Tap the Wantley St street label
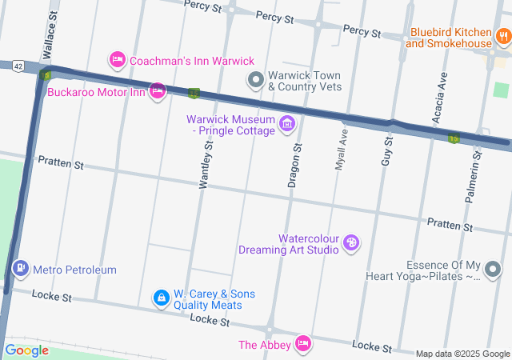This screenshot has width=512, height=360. pyautogui.click(x=206, y=165)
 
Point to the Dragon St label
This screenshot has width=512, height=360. pyautogui.click(x=294, y=166)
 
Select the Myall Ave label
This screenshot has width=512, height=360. pyautogui.click(x=341, y=150)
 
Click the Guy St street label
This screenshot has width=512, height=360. pyautogui.click(x=386, y=150)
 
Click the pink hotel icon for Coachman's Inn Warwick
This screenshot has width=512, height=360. pyautogui.click(x=117, y=60)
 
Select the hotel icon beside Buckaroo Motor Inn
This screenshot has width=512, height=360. pyautogui.click(x=158, y=90)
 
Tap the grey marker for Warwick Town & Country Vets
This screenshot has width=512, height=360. pyautogui.click(x=255, y=78)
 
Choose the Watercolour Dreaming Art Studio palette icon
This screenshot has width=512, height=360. pyautogui.click(x=350, y=242)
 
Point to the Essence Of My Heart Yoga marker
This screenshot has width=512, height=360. pyautogui.click(x=494, y=270)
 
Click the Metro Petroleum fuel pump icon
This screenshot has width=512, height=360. pyautogui.click(x=21, y=269)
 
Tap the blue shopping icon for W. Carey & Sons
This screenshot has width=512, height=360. pyautogui.click(x=162, y=298)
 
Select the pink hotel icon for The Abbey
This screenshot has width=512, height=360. pyautogui.click(x=302, y=344)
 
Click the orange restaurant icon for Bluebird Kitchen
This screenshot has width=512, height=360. pyautogui.click(x=503, y=36)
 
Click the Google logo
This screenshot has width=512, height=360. pyautogui.click(x=27, y=350)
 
